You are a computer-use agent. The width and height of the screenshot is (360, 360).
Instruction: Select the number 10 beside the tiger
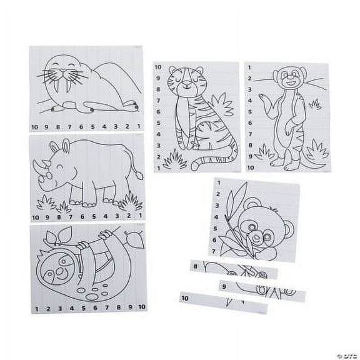click(159, 66)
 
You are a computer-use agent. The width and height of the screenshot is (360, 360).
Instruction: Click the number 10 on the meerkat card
click(251, 168)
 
